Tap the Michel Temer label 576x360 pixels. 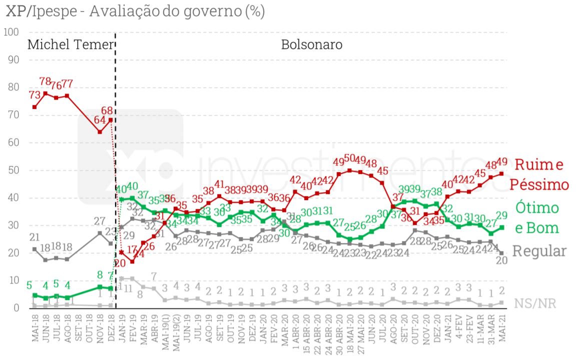tap(70, 44)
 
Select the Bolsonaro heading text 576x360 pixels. tap(312, 44)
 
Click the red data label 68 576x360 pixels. tap(107, 109)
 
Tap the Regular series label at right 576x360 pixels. tap(540, 250)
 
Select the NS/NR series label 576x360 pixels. tap(535, 303)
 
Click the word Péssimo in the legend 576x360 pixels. tap(539, 184)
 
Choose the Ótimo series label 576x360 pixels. tap(536, 207)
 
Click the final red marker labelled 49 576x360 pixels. tap(501, 174)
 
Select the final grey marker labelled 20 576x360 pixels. tap(501, 253)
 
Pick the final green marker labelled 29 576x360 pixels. tap(501, 227)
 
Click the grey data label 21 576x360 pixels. tap(34, 237)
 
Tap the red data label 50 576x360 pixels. tap(350, 159)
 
